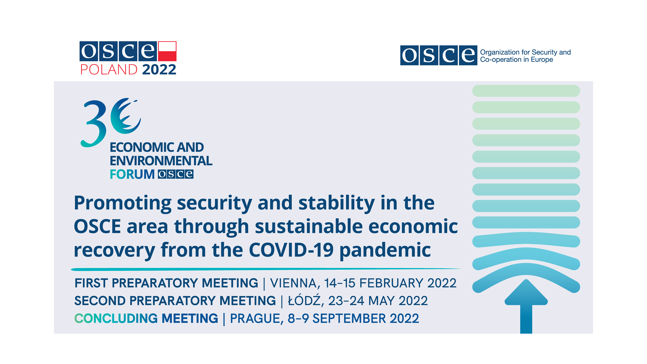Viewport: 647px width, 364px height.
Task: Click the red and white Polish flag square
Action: [x=167, y=51]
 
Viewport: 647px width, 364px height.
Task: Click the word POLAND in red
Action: [x=109, y=70]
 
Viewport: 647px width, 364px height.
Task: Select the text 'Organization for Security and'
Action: [x=525, y=52]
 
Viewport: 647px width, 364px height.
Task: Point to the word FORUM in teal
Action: [x=132, y=174]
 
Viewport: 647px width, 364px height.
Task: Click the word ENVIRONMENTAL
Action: [x=161, y=161]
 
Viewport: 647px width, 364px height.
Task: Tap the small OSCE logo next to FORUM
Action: [x=176, y=174]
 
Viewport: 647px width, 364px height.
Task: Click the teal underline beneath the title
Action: [x=266, y=269]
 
